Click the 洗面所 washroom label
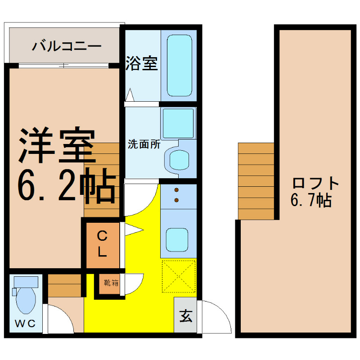click(x=144, y=144)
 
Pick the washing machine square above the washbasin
click(x=178, y=123)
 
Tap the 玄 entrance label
click(x=186, y=316)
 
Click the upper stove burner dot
click(x=176, y=190)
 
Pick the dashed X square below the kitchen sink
click(x=178, y=277)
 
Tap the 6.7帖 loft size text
click(x=311, y=199)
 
